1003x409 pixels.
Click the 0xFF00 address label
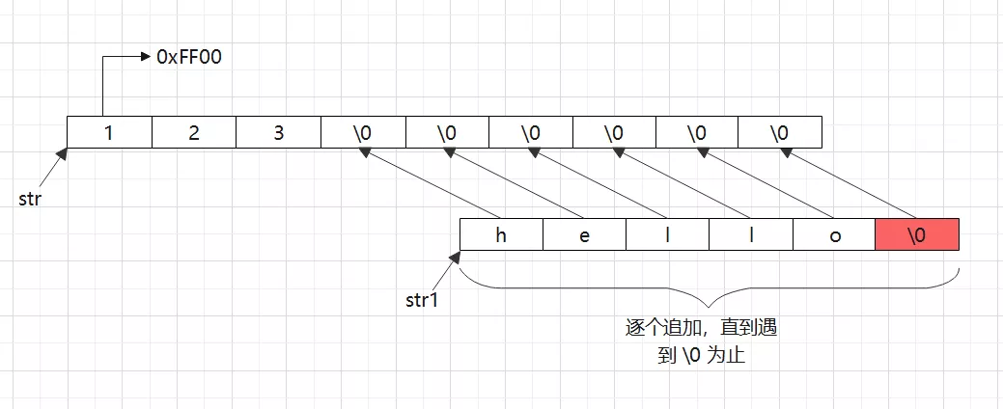click(x=189, y=58)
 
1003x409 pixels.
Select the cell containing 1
click(x=109, y=132)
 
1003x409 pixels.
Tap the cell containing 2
click(x=194, y=132)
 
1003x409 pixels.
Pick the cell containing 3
click(x=278, y=132)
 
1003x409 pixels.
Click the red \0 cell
click(x=917, y=235)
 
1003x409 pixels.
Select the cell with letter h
click(x=502, y=235)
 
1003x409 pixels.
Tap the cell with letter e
click(x=585, y=235)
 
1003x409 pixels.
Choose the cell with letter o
click(x=834, y=235)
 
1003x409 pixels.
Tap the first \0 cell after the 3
click(x=363, y=132)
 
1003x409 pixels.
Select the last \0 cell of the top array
click(x=780, y=132)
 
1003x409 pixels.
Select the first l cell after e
click(x=668, y=235)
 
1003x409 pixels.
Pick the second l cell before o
click(x=751, y=235)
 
